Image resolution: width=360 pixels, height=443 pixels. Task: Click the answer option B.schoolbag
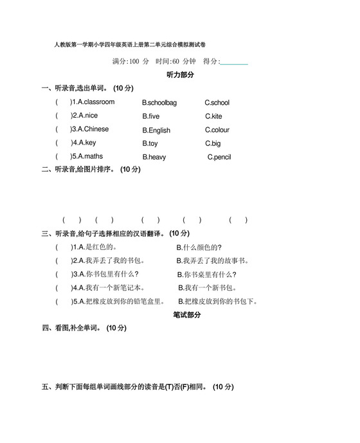pyautogui.click(x=159, y=103)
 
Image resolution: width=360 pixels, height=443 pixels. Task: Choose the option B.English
pyautogui.click(x=156, y=131)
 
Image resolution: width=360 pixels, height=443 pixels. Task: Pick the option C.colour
pyautogui.click(x=217, y=130)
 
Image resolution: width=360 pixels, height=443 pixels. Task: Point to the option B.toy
pyautogui.click(x=150, y=143)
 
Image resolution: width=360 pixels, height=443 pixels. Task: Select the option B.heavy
pyautogui.click(x=154, y=157)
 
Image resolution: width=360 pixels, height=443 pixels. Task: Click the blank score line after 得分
pyautogui.click(x=234, y=63)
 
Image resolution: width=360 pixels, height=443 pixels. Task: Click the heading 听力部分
pyautogui.click(x=180, y=75)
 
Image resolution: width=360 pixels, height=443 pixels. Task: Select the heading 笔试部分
pyautogui.click(x=187, y=315)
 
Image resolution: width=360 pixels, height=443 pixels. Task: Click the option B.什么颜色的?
pyautogui.click(x=199, y=247)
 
